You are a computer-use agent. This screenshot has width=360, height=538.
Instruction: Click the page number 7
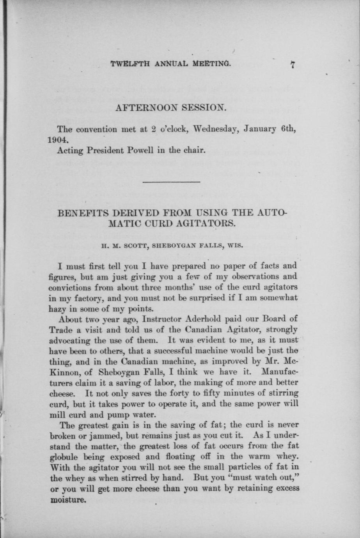[292, 65]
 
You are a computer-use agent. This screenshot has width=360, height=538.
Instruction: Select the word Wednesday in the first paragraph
[216, 129]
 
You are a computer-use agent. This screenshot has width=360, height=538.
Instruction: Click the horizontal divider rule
[172, 182]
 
